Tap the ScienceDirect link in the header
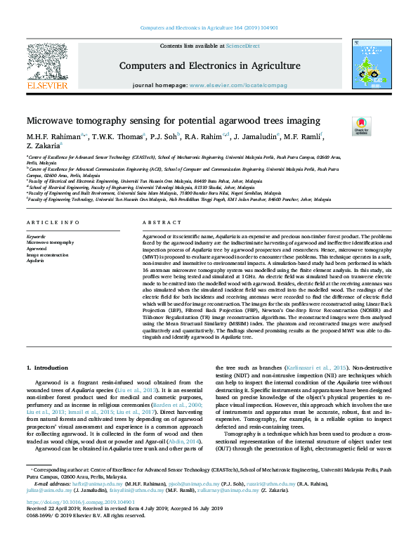coord(242,46)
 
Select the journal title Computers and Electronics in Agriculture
coord(210,66)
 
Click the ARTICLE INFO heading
coord(53,223)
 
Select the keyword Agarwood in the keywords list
coord(38,248)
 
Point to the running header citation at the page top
coord(209,28)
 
